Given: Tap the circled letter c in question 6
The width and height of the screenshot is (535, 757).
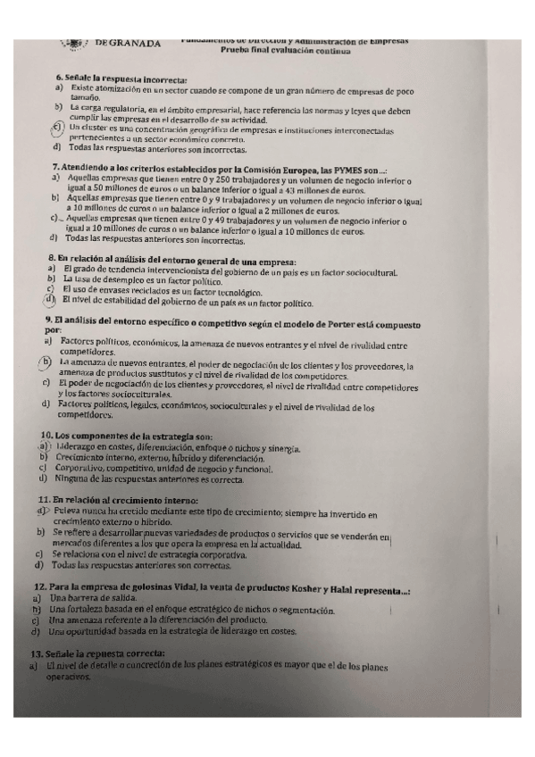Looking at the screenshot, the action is [x=58, y=128].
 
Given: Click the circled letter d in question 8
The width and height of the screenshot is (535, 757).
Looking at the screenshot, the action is [x=52, y=300].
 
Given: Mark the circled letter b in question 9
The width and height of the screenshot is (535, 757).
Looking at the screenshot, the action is [x=45, y=362].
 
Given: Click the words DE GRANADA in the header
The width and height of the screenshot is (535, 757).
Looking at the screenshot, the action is [x=127, y=42].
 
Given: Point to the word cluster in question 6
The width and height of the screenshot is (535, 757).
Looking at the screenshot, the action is [x=96, y=128].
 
